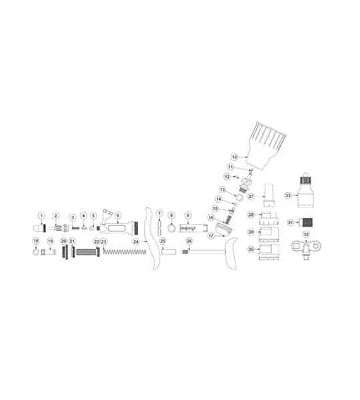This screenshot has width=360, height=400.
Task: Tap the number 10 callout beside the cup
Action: click(234, 157)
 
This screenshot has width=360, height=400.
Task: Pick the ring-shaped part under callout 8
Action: click(171, 229)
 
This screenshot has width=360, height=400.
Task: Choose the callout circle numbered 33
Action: click(288, 195)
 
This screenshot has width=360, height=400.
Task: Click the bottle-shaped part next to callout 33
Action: click(307, 193)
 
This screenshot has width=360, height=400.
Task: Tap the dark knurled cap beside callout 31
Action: click(308, 222)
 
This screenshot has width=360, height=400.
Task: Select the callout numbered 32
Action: click(306, 234)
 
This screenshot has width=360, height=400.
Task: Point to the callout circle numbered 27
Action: click(251, 197)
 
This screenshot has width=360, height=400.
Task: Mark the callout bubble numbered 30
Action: click(251, 249)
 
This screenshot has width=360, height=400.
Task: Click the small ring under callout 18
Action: click(36, 253)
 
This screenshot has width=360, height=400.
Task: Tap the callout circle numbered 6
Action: click(117, 215)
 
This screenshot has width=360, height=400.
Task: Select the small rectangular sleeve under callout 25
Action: click(168, 253)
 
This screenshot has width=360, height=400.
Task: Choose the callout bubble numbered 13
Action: click(223, 190)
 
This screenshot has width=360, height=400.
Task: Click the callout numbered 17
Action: click(211, 235)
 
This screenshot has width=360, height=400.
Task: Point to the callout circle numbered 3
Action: click(73, 218)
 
